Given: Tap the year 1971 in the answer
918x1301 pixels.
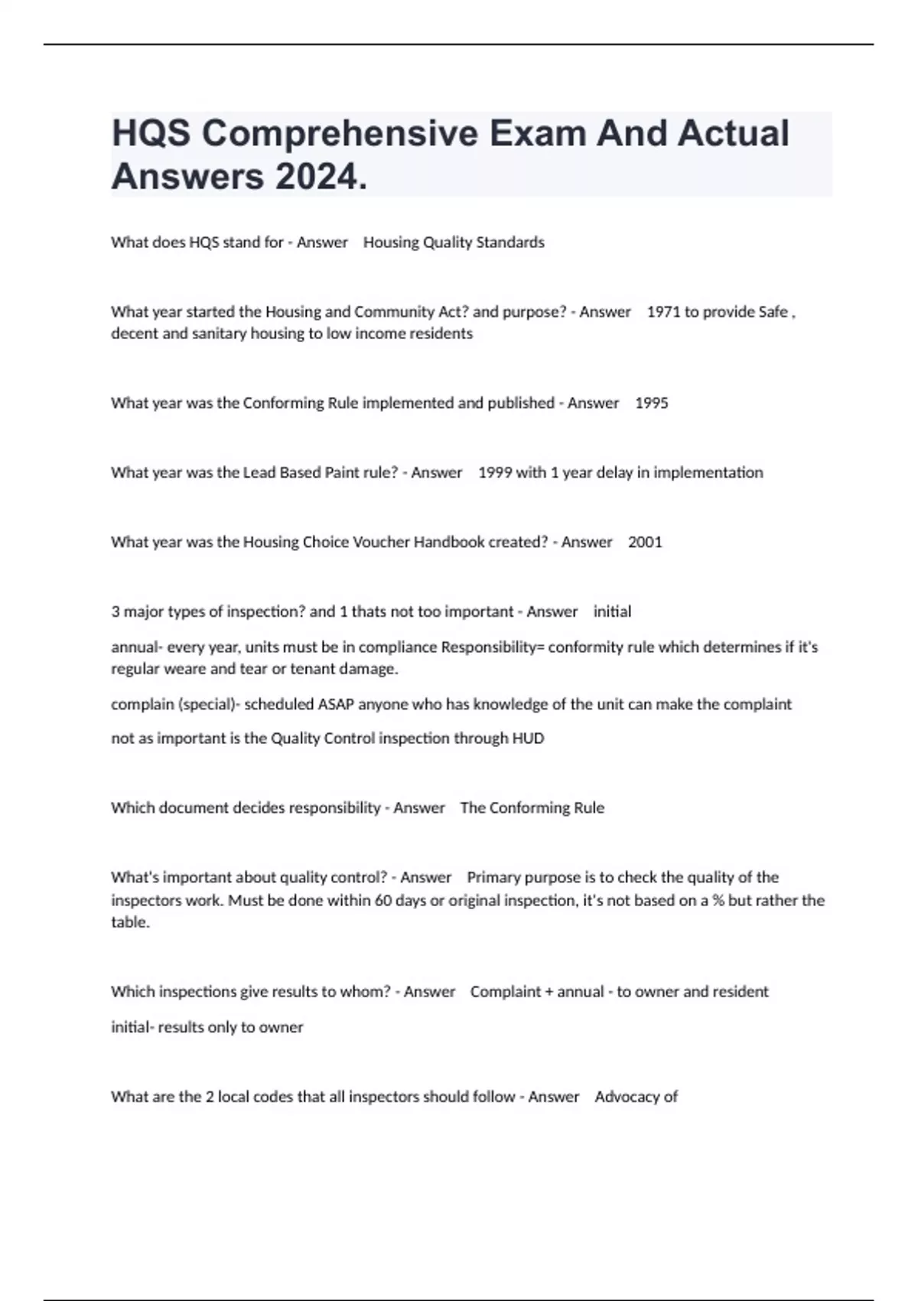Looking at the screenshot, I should pos(663,312).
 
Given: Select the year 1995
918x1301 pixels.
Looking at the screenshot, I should pos(651,403).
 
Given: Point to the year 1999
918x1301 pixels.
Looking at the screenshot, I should pos(494,473).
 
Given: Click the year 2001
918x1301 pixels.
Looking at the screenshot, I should pos(645,543).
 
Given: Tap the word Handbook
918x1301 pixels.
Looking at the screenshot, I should pos(449,543).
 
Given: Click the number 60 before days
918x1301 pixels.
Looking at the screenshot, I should pos(382,901).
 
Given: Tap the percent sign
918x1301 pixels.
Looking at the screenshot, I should pos(718,901).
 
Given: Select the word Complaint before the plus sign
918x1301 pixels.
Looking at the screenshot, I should pos(506,992).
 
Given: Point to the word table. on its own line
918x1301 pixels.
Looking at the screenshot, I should pos(130,922).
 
